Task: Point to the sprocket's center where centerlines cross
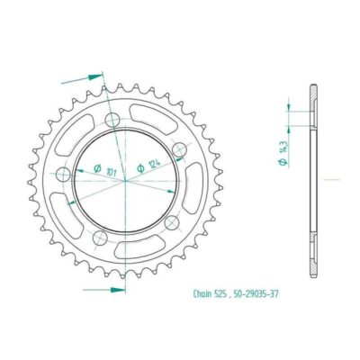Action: click(123, 179)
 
